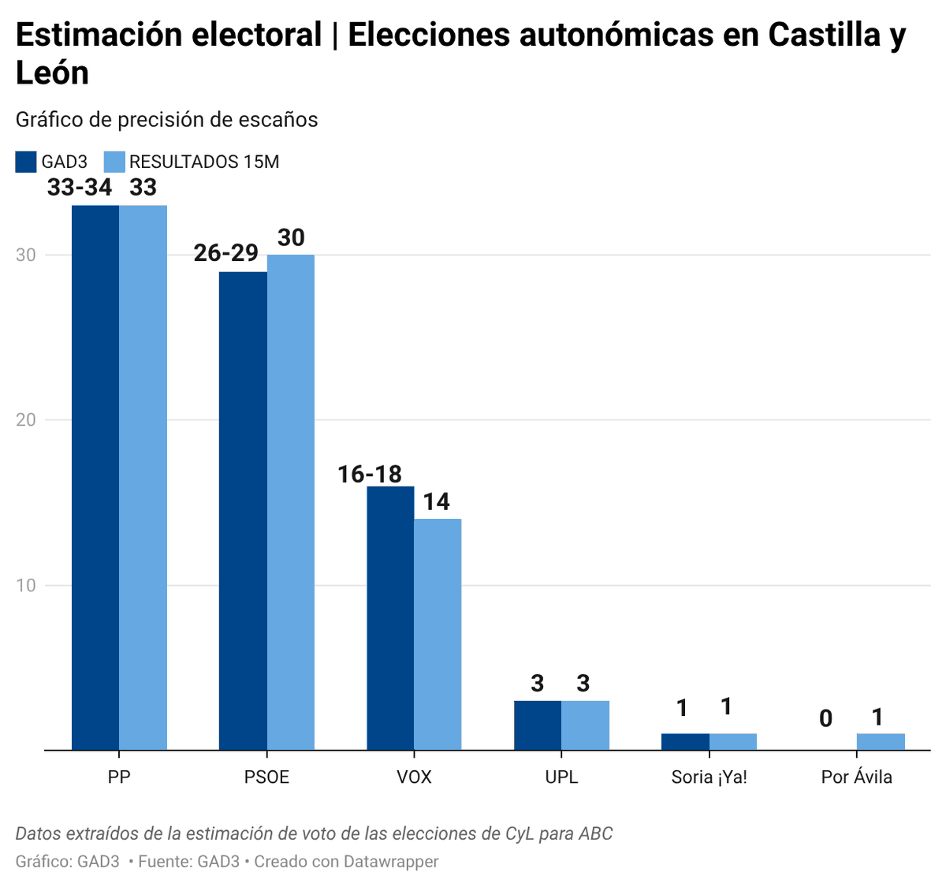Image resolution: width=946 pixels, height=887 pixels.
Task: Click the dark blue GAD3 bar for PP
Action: (x=95, y=477)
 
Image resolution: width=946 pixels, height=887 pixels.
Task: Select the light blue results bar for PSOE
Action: (x=290, y=501)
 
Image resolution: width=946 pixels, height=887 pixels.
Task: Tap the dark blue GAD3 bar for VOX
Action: (x=390, y=617)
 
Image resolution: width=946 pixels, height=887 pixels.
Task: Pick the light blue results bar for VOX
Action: (x=438, y=634)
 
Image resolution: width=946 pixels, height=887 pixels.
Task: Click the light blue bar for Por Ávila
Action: (x=881, y=741)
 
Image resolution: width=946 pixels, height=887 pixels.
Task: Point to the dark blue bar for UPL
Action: (x=538, y=725)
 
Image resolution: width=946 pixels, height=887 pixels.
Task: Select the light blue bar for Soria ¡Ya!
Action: (x=733, y=741)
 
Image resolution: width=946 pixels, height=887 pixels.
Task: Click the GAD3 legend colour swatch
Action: (x=26, y=162)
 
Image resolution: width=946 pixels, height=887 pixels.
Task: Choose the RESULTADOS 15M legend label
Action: (x=204, y=162)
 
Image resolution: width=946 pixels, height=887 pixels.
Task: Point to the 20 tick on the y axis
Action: (x=26, y=419)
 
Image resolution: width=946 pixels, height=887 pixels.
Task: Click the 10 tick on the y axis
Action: (x=26, y=585)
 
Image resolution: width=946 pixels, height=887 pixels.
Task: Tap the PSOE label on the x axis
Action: (x=266, y=777)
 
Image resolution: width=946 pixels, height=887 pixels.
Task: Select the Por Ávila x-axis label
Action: (x=856, y=777)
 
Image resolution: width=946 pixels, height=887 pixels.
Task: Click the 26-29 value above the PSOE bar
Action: (x=226, y=252)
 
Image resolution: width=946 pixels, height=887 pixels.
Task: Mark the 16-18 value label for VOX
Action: (x=370, y=474)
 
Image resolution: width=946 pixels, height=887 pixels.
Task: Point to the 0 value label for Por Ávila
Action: (x=825, y=718)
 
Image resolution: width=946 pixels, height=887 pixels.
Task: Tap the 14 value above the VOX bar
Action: (x=436, y=501)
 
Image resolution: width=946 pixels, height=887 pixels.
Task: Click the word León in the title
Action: (x=52, y=73)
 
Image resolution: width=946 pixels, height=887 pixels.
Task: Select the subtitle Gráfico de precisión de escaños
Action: (x=166, y=120)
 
